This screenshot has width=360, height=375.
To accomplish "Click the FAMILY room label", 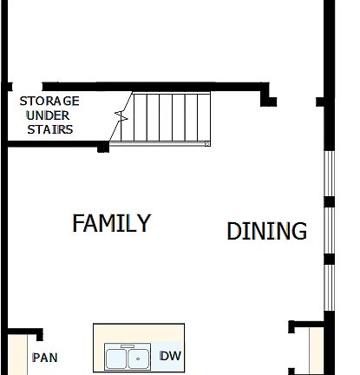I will (x=111, y=223).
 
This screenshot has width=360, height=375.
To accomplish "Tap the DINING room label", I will (x=266, y=232).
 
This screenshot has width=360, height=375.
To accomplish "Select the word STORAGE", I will (x=49, y=101).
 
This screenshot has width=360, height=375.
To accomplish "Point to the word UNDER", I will (x=49, y=115).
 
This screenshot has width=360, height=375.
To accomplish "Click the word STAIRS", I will (x=49, y=129).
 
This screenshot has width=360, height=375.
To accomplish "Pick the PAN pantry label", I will (x=44, y=358).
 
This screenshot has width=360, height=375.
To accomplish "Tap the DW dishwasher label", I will (x=171, y=356).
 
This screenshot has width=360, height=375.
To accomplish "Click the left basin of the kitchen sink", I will (x=118, y=358).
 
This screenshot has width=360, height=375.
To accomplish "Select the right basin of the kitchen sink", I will (x=139, y=358).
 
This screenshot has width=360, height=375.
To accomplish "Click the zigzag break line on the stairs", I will (x=121, y=116).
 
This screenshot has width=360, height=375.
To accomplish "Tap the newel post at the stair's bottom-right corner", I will (x=207, y=143).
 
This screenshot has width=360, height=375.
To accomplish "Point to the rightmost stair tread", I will (x=204, y=117).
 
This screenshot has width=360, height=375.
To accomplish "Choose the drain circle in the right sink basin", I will (x=136, y=356).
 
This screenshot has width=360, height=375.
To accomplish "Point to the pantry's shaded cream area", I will (x=19, y=356).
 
